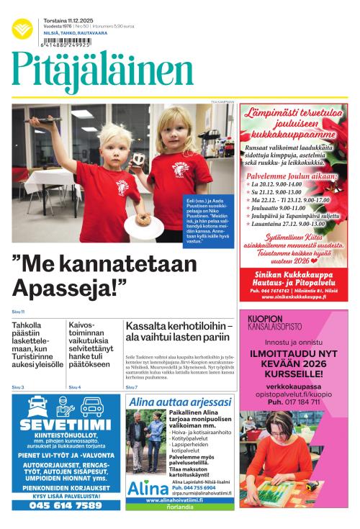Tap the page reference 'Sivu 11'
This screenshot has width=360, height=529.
click(18, 312)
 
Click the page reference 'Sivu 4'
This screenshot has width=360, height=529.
click(75, 387)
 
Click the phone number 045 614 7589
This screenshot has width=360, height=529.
click(66, 505)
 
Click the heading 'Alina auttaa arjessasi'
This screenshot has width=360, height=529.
click(179, 402)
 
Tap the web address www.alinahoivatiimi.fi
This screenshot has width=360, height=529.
click(179, 519)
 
